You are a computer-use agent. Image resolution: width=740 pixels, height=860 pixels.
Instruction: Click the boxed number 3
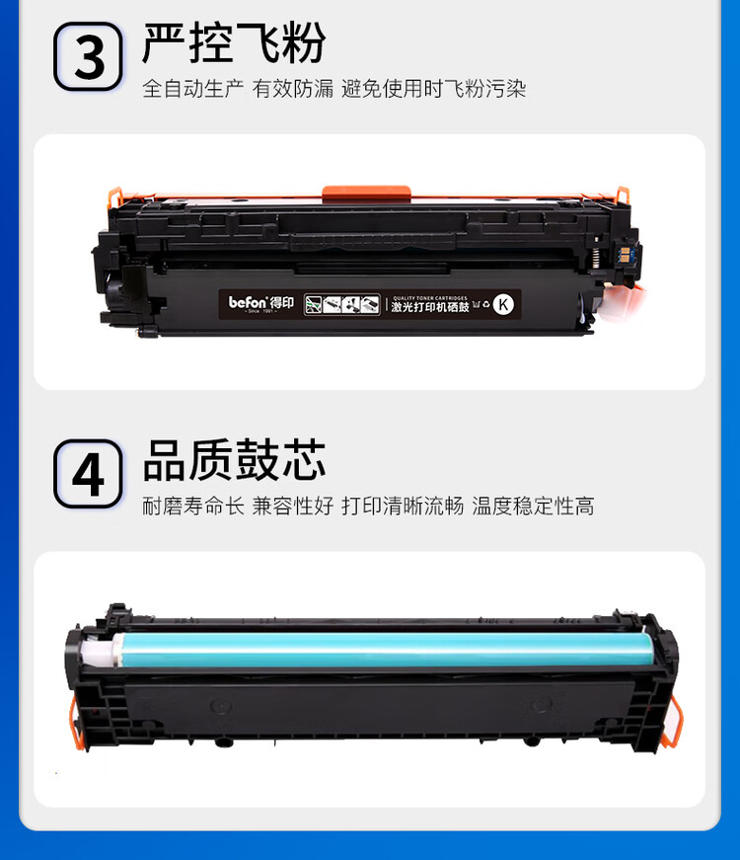point(88,56)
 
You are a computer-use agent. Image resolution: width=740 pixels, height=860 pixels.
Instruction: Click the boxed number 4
point(88,474)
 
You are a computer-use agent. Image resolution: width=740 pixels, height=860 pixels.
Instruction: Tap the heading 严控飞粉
point(234,42)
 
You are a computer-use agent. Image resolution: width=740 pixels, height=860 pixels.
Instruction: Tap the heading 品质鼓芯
point(234,460)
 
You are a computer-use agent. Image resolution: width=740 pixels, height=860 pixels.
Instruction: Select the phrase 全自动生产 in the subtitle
point(191,89)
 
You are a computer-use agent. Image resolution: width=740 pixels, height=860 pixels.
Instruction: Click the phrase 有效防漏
point(293,89)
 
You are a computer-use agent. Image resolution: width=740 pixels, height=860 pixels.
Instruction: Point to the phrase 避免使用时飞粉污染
point(433,89)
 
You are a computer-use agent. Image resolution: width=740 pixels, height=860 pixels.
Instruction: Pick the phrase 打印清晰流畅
point(403,507)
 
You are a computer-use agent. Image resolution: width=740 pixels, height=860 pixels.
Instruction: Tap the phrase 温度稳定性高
point(533,507)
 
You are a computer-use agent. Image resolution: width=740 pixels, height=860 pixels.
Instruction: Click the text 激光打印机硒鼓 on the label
point(430,307)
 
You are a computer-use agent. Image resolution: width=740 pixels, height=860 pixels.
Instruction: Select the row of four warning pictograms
point(341,303)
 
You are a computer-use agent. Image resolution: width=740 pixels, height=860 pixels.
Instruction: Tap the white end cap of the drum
point(96,651)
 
